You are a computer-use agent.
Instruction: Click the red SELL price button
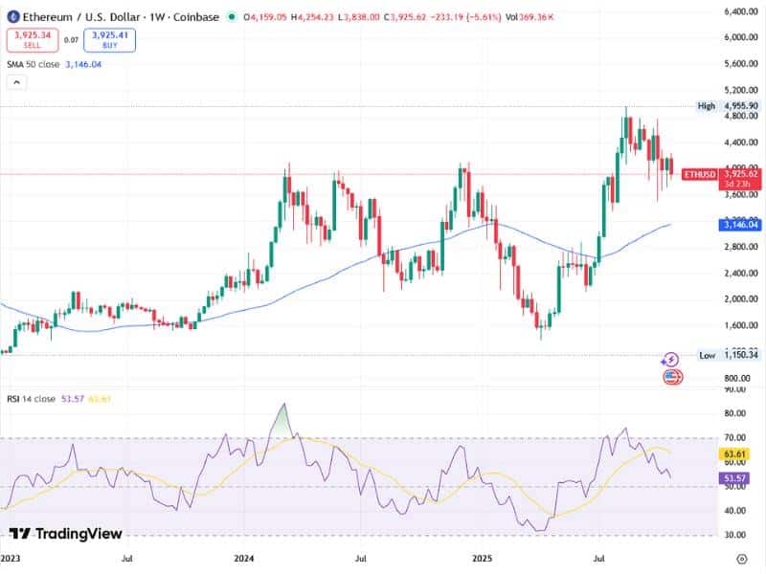point(31,39)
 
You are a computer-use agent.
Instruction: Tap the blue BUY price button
point(109,39)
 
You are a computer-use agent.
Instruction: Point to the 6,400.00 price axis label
point(741,11)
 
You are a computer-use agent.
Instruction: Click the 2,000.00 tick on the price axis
point(741,298)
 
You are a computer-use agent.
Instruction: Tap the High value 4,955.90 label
point(742,106)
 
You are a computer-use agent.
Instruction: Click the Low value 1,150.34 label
point(742,355)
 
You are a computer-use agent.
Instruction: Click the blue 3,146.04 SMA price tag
point(742,224)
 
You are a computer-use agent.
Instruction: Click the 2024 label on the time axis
point(244,556)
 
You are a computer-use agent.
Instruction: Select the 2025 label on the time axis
point(480,556)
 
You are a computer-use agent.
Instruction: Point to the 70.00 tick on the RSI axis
point(736,437)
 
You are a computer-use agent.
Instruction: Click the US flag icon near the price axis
point(673,377)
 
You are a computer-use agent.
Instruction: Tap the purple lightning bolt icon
point(670,360)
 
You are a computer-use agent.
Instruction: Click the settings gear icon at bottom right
point(741,557)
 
